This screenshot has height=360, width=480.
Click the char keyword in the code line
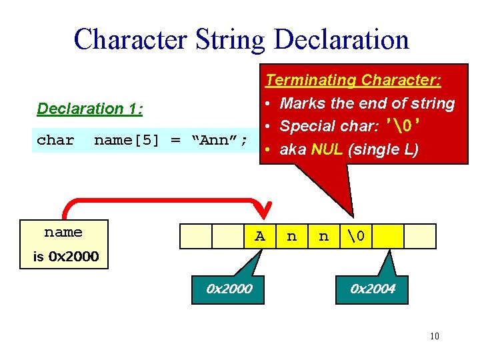click(x=55, y=140)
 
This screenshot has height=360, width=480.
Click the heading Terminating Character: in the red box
click(x=353, y=80)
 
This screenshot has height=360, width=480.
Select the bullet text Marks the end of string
click(x=367, y=103)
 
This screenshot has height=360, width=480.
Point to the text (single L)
click(x=383, y=149)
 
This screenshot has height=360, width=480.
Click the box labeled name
click(x=63, y=233)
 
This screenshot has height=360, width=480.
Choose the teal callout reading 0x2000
click(x=229, y=289)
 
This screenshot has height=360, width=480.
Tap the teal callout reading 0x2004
click(x=373, y=289)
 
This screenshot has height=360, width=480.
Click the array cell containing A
click(x=260, y=236)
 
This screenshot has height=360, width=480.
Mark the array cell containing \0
click(x=356, y=236)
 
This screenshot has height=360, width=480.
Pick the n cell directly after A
click(x=291, y=236)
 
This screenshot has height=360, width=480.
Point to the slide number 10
click(x=434, y=336)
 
